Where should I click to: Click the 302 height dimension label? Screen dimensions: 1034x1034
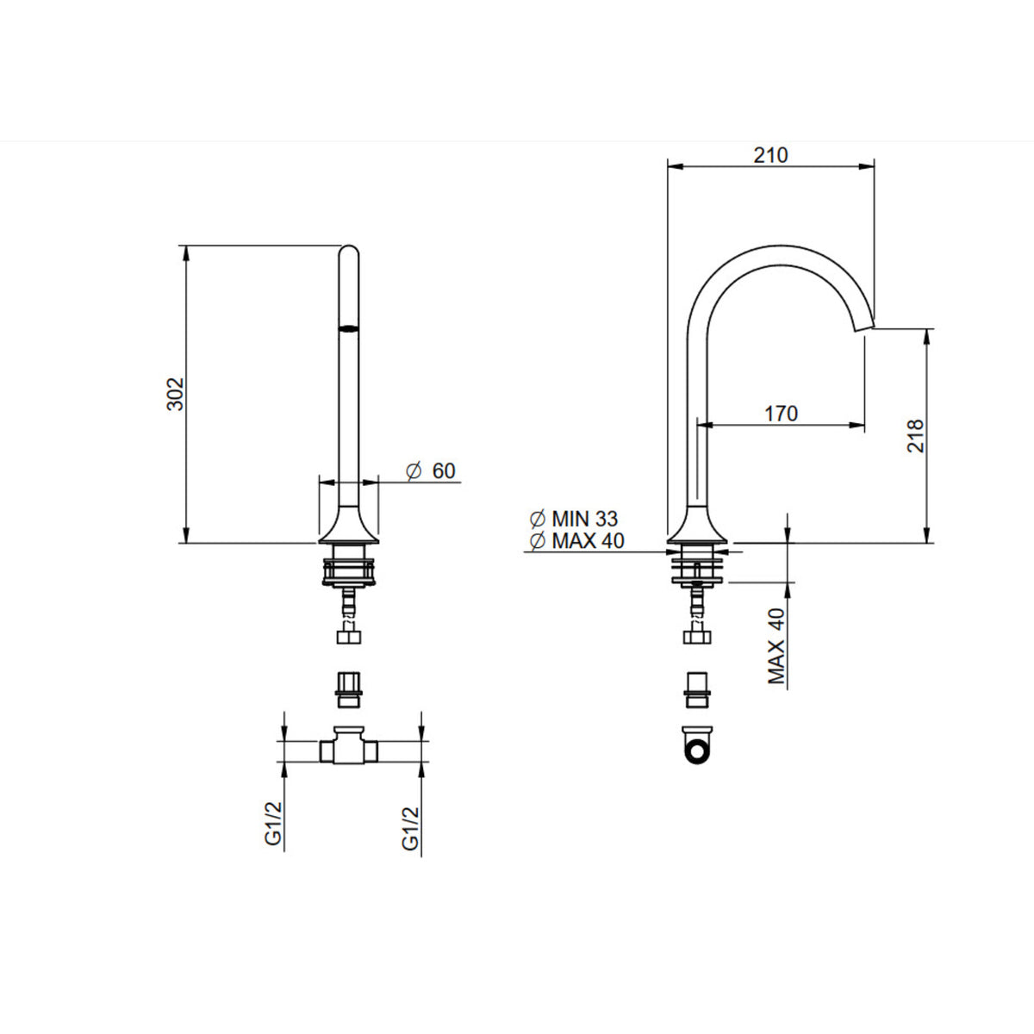pyautogui.click(x=175, y=395)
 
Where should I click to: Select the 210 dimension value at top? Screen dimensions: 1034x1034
pyautogui.click(x=770, y=155)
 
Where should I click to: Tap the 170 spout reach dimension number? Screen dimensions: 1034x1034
pyautogui.click(x=781, y=414)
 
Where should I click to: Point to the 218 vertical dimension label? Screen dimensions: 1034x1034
pyautogui.click(x=915, y=436)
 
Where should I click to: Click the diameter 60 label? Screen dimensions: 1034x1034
pyautogui.click(x=431, y=470)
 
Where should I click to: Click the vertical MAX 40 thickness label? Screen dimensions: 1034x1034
pyautogui.click(x=775, y=646)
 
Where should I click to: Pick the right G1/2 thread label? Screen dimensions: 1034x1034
pyautogui.click(x=410, y=829)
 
